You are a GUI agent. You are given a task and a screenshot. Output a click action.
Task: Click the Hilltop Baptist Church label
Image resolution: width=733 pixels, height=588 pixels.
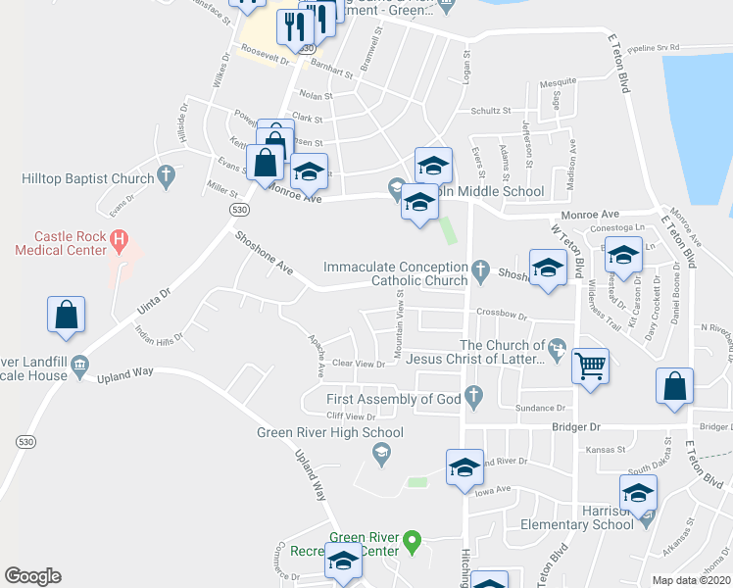tap(88, 178)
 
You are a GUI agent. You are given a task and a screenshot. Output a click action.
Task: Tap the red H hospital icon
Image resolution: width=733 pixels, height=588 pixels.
tap(120, 236)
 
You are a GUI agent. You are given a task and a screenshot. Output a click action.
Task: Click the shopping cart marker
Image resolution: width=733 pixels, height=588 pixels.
tap(590, 366)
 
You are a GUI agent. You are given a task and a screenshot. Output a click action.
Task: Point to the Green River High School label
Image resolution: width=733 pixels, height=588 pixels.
tap(329, 432)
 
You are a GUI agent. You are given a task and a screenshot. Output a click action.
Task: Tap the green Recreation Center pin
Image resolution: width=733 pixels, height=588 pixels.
tap(413, 539)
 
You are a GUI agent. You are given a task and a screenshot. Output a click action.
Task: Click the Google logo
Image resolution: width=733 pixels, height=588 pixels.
tap(32, 576)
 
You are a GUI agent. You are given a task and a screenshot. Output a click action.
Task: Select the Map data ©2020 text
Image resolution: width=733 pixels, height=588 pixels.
tap(691, 580)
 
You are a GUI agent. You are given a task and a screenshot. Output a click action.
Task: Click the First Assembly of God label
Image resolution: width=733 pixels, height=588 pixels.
tap(393, 399)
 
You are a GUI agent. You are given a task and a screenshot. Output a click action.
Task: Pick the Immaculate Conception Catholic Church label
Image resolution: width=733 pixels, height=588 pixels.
tap(396, 273)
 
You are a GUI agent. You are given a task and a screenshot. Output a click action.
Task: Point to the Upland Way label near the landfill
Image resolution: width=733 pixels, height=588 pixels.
tap(125, 372)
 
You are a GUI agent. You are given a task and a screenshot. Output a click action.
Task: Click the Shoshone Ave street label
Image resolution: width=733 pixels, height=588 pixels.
tap(265, 252)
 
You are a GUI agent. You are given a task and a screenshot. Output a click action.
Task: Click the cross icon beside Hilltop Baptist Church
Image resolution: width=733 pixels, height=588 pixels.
tap(166, 177)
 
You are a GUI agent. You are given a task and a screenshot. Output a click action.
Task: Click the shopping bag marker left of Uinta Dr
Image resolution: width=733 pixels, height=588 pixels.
tap(66, 316)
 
